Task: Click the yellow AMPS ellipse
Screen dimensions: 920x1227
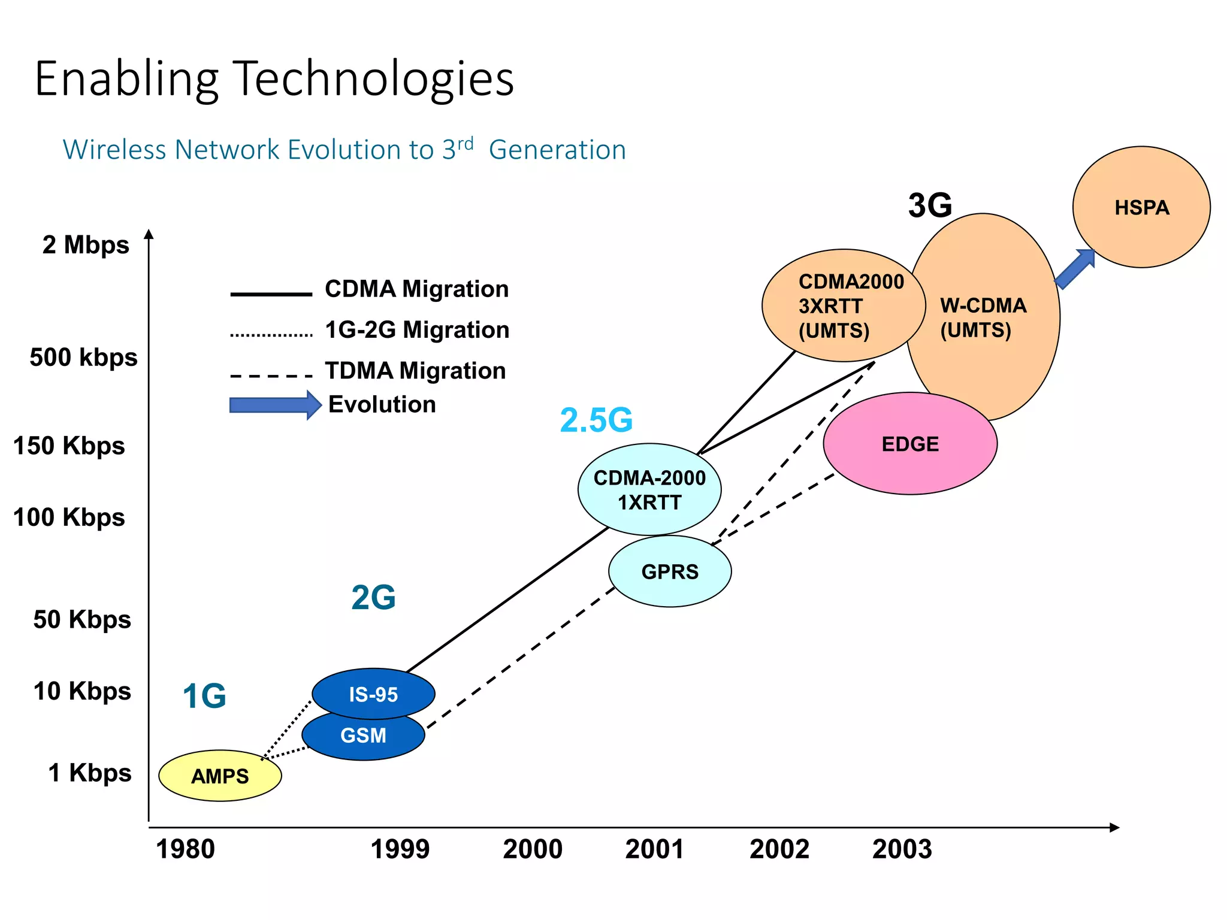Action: pyautogui.click(x=220, y=776)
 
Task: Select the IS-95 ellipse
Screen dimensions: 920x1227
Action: pyautogui.click(x=373, y=694)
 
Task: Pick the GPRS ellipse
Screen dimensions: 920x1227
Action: pyautogui.click(x=670, y=572)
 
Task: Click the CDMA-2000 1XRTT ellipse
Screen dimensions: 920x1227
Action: pyautogui.click(x=649, y=489)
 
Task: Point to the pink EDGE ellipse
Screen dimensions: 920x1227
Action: pyautogui.click(x=910, y=444)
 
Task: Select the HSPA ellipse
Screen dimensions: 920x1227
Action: pyautogui.click(x=1141, y=207)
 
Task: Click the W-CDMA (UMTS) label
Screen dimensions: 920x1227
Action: pyautogui.click(x=983, y=317)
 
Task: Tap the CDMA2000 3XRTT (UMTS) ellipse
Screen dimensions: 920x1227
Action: pyautogui.click(x=844, y=305)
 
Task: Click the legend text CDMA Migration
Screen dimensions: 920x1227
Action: pyautogui.click(x=416, y=289)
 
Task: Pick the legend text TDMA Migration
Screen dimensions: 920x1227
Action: pyautogui.click(x=415, y=371)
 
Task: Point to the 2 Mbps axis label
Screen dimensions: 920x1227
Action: pyautogui.click(x=86, y=245)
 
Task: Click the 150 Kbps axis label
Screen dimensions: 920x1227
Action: pyautogui.click(x=69, y=446)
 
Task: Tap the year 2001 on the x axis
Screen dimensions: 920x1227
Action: pyautogui.click(x=654, y=849)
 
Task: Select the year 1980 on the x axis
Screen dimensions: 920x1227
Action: pyautogui.click(x=185, y=849)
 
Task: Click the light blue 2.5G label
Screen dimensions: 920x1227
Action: pyautogui.click(x=596, y=420)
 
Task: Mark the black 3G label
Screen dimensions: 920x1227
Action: pyautogui.click(x=930, y=205)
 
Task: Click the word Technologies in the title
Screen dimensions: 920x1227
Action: pyautogui.click(x=373, y=79)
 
